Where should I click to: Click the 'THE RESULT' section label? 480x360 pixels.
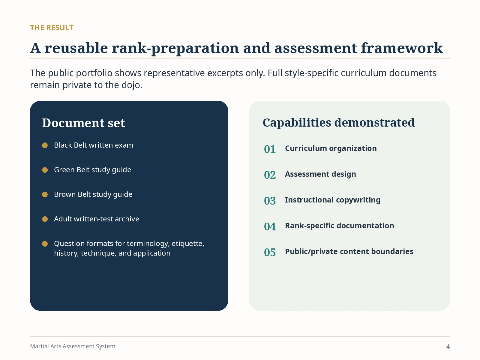pos(52,28)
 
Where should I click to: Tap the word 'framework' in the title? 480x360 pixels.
pos(402,48)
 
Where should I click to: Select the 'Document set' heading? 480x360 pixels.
pos(83,123)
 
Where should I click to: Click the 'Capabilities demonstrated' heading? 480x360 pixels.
pos(339,123)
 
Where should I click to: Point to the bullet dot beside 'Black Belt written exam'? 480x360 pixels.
pos(45,145)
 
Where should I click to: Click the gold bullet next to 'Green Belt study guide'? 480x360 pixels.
pos(45,170)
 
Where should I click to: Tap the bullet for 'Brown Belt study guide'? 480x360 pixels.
pos(45,194)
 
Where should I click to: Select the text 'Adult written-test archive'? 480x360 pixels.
pos(97,219)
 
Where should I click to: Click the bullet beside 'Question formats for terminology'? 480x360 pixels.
pos(45,244)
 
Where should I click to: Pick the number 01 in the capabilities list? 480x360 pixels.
pos(270,149)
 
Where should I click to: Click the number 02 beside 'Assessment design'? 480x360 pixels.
pos(270,175)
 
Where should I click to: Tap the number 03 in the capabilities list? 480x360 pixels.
pos(270,201)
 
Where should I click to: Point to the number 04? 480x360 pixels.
pos(270,227)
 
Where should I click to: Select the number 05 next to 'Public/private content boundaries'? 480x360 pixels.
pos(270,253)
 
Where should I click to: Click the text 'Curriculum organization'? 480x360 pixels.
pos(331,148)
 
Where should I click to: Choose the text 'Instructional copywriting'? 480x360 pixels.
pos(333,200)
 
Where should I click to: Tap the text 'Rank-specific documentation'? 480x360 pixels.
pos(340,226)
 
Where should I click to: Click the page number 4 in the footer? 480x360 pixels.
pos(448,347)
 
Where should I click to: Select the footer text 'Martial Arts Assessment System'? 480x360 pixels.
pos(73,346)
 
